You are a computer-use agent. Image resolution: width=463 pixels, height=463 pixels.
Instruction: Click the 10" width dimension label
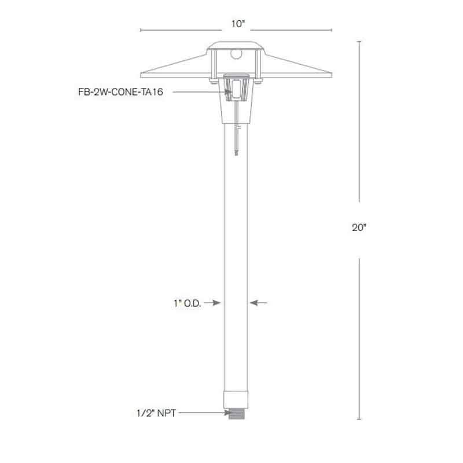click(236, 24)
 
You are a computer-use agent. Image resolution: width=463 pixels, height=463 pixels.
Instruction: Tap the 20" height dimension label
click(359, 228)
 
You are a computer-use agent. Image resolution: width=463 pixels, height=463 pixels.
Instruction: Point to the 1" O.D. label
click(186, 303)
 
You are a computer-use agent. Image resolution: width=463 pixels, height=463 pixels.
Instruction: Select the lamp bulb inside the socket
click(236, 89)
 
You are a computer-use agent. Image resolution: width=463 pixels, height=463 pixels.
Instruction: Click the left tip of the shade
click(142, 74)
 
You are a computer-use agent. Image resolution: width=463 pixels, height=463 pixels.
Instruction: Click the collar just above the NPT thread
click(236, 400)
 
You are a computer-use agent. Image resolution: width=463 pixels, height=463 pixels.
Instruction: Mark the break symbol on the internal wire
click(236, 133)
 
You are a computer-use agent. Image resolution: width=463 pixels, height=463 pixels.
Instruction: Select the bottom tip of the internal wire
click(236, 154)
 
